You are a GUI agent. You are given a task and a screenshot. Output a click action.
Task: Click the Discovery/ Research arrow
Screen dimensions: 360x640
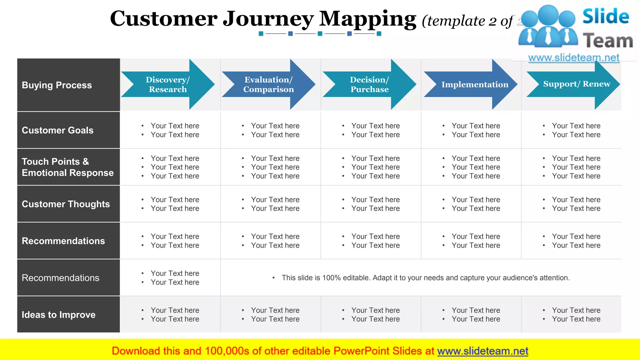[x=168, y=84]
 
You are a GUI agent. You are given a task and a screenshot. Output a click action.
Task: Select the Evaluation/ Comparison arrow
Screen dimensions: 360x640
[x=268, y=84]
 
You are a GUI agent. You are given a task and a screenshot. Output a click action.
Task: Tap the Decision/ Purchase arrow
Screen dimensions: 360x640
[x=369, y=84]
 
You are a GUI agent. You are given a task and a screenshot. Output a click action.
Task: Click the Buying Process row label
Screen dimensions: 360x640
[x=57, y=85]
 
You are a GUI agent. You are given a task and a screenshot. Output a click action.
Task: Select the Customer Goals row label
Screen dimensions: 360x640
[x=57, y=130]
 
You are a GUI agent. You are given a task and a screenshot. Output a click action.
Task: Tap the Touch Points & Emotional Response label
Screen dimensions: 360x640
[x=67, y=167]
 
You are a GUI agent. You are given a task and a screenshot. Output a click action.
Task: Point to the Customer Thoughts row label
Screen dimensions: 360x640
[x=66, y=204]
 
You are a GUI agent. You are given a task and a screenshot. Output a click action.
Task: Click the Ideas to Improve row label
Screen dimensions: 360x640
[x=58, y=315]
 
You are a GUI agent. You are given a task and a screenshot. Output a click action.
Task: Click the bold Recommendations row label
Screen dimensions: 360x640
[x=63, y=241]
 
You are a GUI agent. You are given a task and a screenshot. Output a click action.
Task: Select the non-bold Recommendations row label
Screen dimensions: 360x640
[x=60, y=278]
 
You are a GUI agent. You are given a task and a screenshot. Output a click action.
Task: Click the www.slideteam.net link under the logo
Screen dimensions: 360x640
[x=573, y=58]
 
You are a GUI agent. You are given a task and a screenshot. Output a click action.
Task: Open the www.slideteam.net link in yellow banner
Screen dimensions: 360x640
[x=482, y=351]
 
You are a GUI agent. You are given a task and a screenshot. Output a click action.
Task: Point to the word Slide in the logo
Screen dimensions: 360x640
[x=606, y=16]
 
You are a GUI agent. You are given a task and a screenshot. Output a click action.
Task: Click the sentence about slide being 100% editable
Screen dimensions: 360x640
[x=425, y=278]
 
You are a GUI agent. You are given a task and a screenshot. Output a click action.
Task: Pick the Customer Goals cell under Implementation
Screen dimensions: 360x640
[x=475, y=130]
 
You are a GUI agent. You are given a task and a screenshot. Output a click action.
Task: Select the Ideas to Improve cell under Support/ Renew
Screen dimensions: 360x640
[x=576, y=315]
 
